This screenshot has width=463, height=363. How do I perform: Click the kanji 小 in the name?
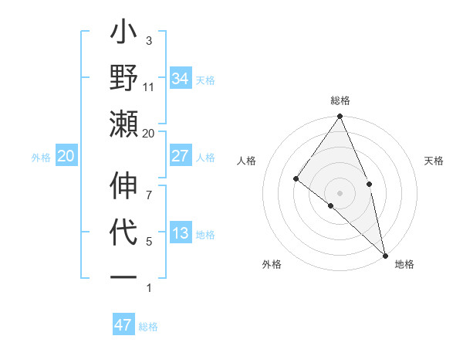click(123, 36)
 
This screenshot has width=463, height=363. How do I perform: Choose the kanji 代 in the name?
click(123, 232)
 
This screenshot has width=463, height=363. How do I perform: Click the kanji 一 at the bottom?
click(123, 276)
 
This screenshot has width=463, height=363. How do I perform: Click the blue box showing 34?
click(181, 78)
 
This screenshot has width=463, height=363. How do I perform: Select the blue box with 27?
click(181, 156)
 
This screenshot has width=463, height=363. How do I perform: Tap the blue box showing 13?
click(181, 233)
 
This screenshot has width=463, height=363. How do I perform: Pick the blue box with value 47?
click(123, 325)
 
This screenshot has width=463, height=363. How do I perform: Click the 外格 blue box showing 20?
click(66, 157)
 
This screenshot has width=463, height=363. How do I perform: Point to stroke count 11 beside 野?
click(149, 87)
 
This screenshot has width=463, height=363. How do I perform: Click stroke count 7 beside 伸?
click(149, 185)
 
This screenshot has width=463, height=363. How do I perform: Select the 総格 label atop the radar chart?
click(340, 100)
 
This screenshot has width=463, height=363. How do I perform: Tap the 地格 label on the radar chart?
click(404, 264)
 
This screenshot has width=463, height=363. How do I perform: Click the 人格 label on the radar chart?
click(247, 161)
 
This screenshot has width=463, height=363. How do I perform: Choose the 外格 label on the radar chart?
click(272, 264)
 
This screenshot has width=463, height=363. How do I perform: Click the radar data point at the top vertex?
click(340, 117)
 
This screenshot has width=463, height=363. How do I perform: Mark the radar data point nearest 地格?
click(384, 254)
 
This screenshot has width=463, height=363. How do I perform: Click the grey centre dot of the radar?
click(340, 192)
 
